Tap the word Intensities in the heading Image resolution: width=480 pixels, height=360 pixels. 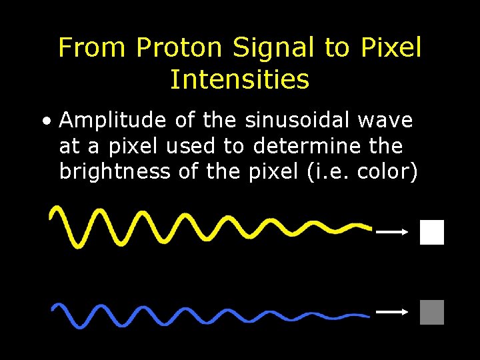[239, 80]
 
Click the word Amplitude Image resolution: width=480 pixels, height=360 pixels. [112, 121]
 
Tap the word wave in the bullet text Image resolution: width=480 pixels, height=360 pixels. [385, 121]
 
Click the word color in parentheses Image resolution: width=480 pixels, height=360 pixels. [385, 171]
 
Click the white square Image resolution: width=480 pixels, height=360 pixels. [432, 232]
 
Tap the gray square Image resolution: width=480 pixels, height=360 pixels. [432, 312]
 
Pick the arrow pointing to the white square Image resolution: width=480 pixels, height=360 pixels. [392, 232]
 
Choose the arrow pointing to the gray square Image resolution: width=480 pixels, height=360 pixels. [392, 311]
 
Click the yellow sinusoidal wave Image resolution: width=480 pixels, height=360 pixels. [200, 225]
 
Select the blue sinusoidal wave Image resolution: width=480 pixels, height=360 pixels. [200, 313]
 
